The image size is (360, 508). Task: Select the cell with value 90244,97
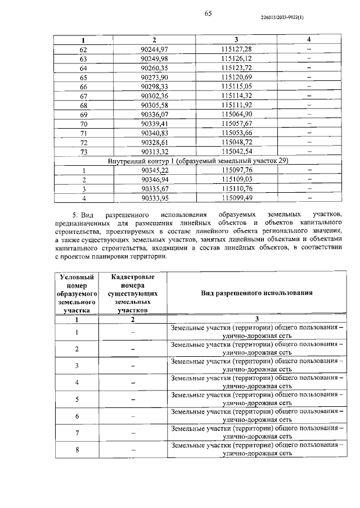(154, 49)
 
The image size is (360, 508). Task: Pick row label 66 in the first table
(84, 87)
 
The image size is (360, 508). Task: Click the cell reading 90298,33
(154, 87)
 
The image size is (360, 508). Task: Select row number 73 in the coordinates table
(84, 151)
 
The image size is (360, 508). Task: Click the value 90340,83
(154, 133)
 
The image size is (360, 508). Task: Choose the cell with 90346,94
(154, 179)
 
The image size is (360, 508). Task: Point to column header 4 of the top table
(309, 40)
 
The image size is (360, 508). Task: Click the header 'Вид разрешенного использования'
(256, 293)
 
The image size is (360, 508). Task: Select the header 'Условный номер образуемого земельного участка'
(76, 293)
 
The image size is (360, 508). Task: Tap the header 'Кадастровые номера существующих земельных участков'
(133, 293)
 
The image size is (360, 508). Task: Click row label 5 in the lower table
(76, 400)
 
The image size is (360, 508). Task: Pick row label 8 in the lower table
(76, 450)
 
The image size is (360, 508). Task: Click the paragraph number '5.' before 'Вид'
(76, 215)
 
